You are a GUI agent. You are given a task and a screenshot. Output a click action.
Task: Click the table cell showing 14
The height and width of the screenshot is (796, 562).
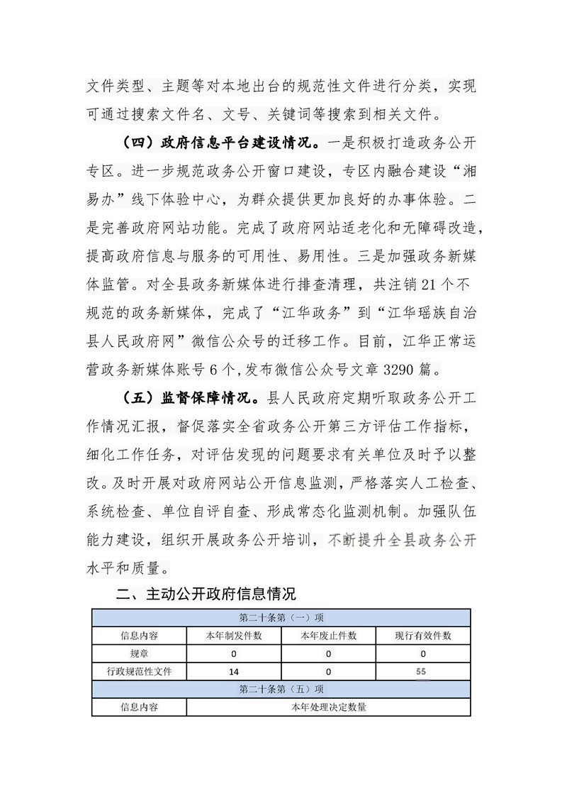(x=234, y=670)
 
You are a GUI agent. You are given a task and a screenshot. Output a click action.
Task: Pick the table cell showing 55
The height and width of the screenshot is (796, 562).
(x=423, y=670)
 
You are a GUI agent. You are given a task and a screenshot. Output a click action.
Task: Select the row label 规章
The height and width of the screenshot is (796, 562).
(x=139, y=653)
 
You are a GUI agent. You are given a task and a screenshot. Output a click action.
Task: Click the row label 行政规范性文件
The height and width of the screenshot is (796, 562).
(x=139, y=670)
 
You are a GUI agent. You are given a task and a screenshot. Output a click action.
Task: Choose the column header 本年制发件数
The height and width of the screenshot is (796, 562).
(x=234, y=635)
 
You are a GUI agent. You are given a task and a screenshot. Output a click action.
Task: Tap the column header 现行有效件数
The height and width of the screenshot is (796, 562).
(x=423, y=635)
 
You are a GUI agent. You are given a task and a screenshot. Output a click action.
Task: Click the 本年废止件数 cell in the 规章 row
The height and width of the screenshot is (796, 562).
(x=329, y=653)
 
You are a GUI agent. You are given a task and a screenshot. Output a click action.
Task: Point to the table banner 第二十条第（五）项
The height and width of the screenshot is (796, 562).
(x=281, y=688)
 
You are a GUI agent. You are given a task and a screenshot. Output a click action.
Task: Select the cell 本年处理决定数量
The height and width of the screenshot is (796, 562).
(x=329, y=707)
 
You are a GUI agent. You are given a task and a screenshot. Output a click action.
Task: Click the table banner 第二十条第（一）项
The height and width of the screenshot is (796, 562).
(x=281, y=617)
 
